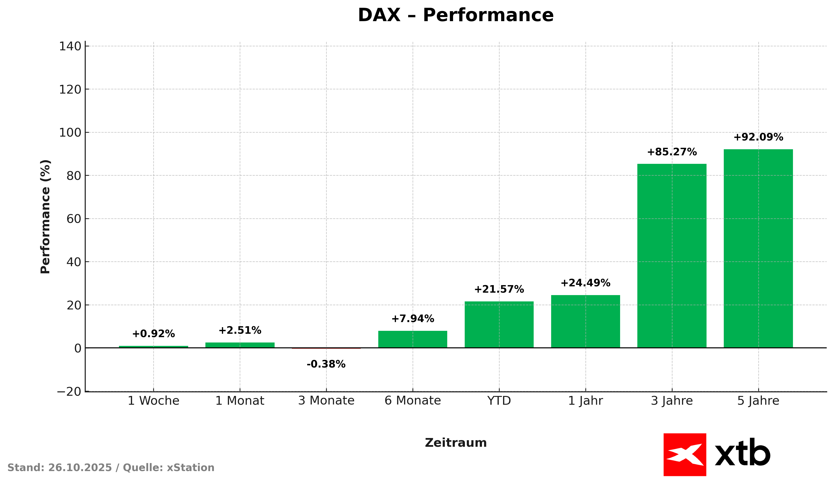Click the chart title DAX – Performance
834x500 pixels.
pos(455,16)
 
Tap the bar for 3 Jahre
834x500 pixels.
pos(672,256)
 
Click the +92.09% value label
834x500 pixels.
pos(758,138)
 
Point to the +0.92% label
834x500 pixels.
pos(153,334)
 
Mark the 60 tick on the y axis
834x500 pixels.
pos(74,219)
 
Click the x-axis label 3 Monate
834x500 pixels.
pos(326,401)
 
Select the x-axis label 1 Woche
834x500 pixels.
pos(153,401)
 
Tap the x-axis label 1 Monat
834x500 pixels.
pos(240,401)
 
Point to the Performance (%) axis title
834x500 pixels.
pos(45,217)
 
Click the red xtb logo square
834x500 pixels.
pos(685,455)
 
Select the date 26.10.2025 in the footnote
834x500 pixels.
pos(80,468)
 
